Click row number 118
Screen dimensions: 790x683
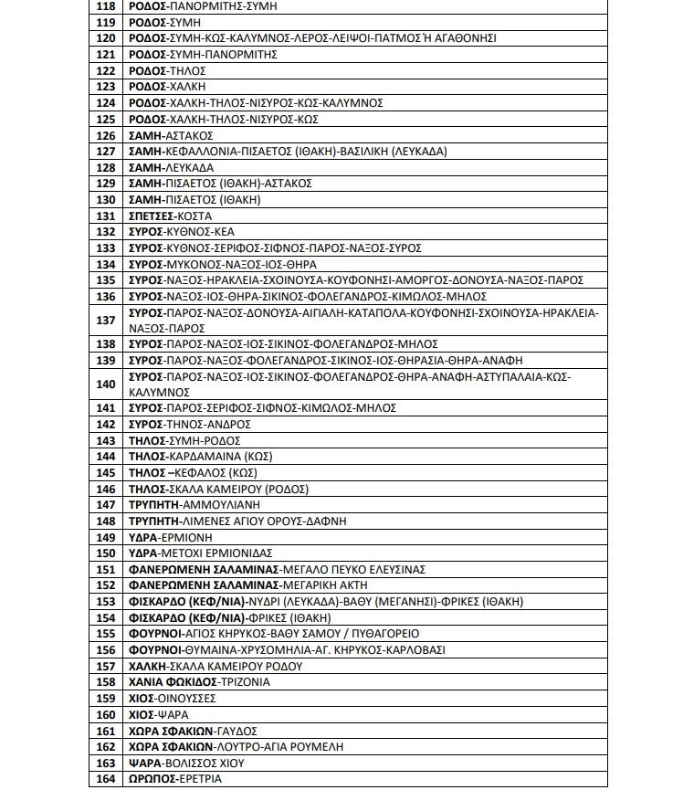[106, 5]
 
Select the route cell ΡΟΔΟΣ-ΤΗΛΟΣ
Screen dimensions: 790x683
[167, 70]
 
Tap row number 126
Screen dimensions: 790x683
[106, 135]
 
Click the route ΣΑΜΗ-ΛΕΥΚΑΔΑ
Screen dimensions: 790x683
[172, 168]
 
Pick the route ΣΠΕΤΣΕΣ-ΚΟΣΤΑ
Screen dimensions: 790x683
[171, 216]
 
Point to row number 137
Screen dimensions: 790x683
[106, 320]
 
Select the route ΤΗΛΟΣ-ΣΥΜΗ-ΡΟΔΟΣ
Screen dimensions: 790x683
[184, 441]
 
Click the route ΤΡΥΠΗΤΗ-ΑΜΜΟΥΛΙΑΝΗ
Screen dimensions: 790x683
[194, 505]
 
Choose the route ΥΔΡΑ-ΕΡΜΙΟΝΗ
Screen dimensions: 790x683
[172, 537]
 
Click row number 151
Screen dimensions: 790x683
[106, 570]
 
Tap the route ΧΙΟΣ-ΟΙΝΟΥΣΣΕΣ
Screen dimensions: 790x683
[173, 699]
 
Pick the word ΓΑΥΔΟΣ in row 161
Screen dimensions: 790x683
[236, 731]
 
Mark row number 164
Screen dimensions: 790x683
[106, 779]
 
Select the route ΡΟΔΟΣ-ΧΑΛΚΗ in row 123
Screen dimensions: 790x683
[168, 87]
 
